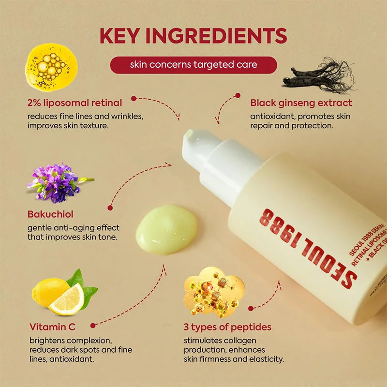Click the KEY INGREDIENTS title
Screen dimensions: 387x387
pyautogui.click(x=193, y=36)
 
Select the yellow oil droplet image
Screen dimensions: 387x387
pyautogui.click(x=51, y=67)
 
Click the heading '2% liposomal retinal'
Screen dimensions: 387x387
pyautogui.click(x=74, y=103)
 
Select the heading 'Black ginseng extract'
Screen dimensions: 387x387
pyautogui.click(x=301, y=103)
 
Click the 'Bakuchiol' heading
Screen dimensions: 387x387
pyautogui.click(x=50, y=214)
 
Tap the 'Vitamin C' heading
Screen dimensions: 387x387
pyautogui.click(x=52, y=327)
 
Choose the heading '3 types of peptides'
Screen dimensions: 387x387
pyautogui.click(x=227, y=327)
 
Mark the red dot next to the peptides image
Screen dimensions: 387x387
pyautogui.click(x=251, y=308)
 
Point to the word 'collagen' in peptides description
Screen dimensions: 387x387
pyautogui.click(x=239, y=341)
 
